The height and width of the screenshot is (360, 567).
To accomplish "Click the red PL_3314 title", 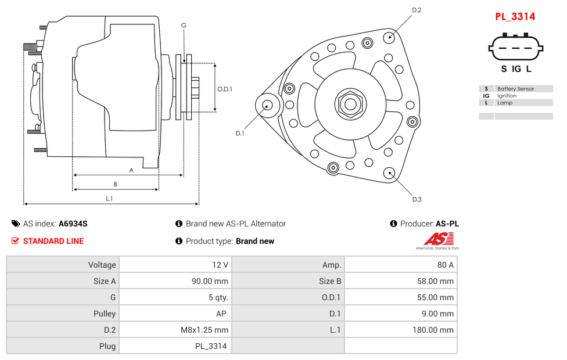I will [x=515, y=17].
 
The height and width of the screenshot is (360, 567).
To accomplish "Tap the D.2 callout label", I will [x=417, y=10].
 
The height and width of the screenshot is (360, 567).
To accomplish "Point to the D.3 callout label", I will [x=417, y=200].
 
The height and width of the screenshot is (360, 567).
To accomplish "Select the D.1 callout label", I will [x=239, y=134].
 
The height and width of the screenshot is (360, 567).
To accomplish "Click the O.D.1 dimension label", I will [x=225, y=89].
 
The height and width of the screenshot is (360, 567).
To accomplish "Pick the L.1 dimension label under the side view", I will [x=109, y=199].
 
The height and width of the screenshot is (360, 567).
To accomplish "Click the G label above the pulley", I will [x=184, y=26].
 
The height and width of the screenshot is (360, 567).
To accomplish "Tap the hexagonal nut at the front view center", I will [x=350, y=105].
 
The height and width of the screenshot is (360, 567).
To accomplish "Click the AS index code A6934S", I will [x=73, y=224].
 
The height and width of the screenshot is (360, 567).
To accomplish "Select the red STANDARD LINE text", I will [x=53, y=241].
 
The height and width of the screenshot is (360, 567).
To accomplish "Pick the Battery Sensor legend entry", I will [x=515, y=89].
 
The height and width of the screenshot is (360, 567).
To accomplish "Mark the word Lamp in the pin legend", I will [x=505, y=103].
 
